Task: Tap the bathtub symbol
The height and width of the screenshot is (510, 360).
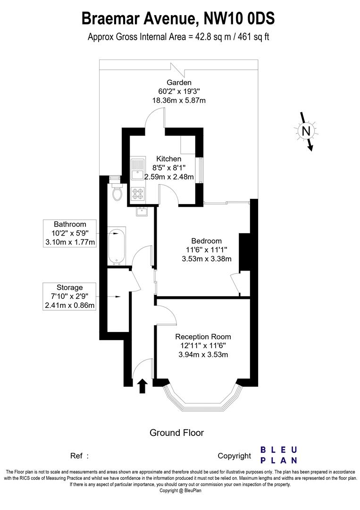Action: (x=116, y=246)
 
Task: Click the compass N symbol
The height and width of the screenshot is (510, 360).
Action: (x=306, y=131)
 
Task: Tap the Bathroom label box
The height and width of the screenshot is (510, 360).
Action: (x=70, y=233)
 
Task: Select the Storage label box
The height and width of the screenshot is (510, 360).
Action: (x=70, y=297)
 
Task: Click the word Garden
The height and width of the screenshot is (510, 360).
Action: (x=178, y=83)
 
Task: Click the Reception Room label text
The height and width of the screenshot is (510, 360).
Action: (x=203, y=337)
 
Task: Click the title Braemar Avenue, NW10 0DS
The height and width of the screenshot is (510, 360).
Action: (x=178, y=19)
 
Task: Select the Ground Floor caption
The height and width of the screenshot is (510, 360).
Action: (x=176, y=433)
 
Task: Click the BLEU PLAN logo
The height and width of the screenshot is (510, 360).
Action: (x=279, y=455)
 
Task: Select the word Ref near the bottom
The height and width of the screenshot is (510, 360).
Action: (x=76, y=456)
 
